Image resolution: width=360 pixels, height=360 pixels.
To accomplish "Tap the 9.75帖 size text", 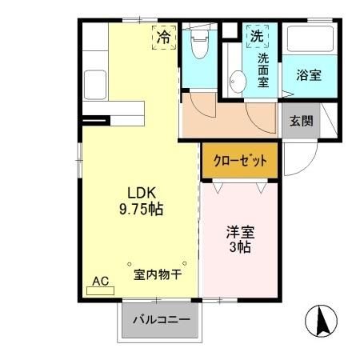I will click(x=141, y=209).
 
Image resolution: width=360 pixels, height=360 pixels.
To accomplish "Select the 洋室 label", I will click(x=238, y=233).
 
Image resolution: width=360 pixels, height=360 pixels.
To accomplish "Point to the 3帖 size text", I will click(x=238, y=248).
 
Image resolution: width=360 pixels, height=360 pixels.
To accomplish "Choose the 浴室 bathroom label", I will click(x=309, y=75).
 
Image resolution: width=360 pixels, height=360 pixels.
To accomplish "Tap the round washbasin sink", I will click(x=237, y=81).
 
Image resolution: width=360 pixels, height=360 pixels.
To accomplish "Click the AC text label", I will click(x=100, y=281).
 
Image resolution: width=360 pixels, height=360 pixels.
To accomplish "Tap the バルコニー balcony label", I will click(x=162, y=320).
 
